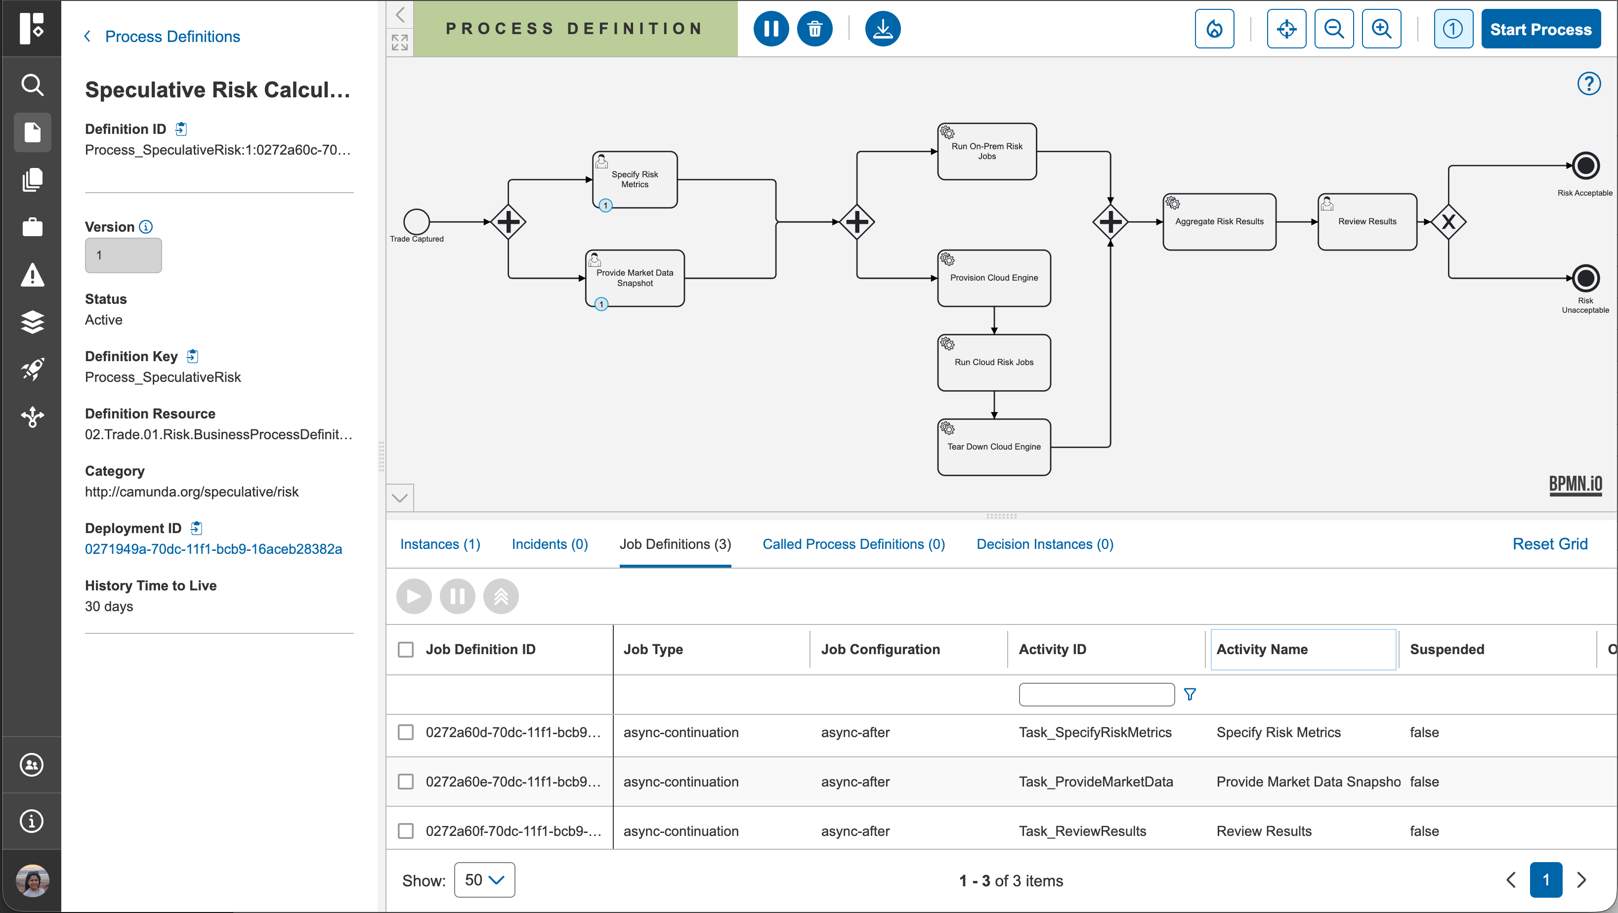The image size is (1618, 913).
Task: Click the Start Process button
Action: (1541, 29)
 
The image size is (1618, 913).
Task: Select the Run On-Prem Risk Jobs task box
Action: (987, 151)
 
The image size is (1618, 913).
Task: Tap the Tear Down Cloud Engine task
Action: (994, 447)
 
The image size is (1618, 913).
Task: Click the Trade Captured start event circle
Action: (417, 222)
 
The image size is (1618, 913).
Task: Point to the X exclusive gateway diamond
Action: (1448, 222)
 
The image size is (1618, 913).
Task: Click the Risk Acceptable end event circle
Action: (1585, 166)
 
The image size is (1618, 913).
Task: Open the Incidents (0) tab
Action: (550, 544)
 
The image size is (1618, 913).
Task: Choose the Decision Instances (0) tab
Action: (1045, 544)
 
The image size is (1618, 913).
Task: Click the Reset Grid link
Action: (1549, 544)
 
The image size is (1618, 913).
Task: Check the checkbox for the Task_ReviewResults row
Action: (406, 831)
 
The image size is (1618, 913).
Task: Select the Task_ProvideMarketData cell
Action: (1096, 782)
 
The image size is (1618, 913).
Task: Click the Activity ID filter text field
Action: (1096, 695)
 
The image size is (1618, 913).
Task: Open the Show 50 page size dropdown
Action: (484, 880)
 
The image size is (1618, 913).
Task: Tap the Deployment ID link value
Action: (213, 549)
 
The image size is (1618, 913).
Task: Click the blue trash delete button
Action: (814, 29)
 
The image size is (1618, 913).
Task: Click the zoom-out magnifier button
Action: (1333, 29)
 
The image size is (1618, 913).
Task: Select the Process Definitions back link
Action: (172, 37)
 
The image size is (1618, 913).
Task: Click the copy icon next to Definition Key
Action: (193, 357)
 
